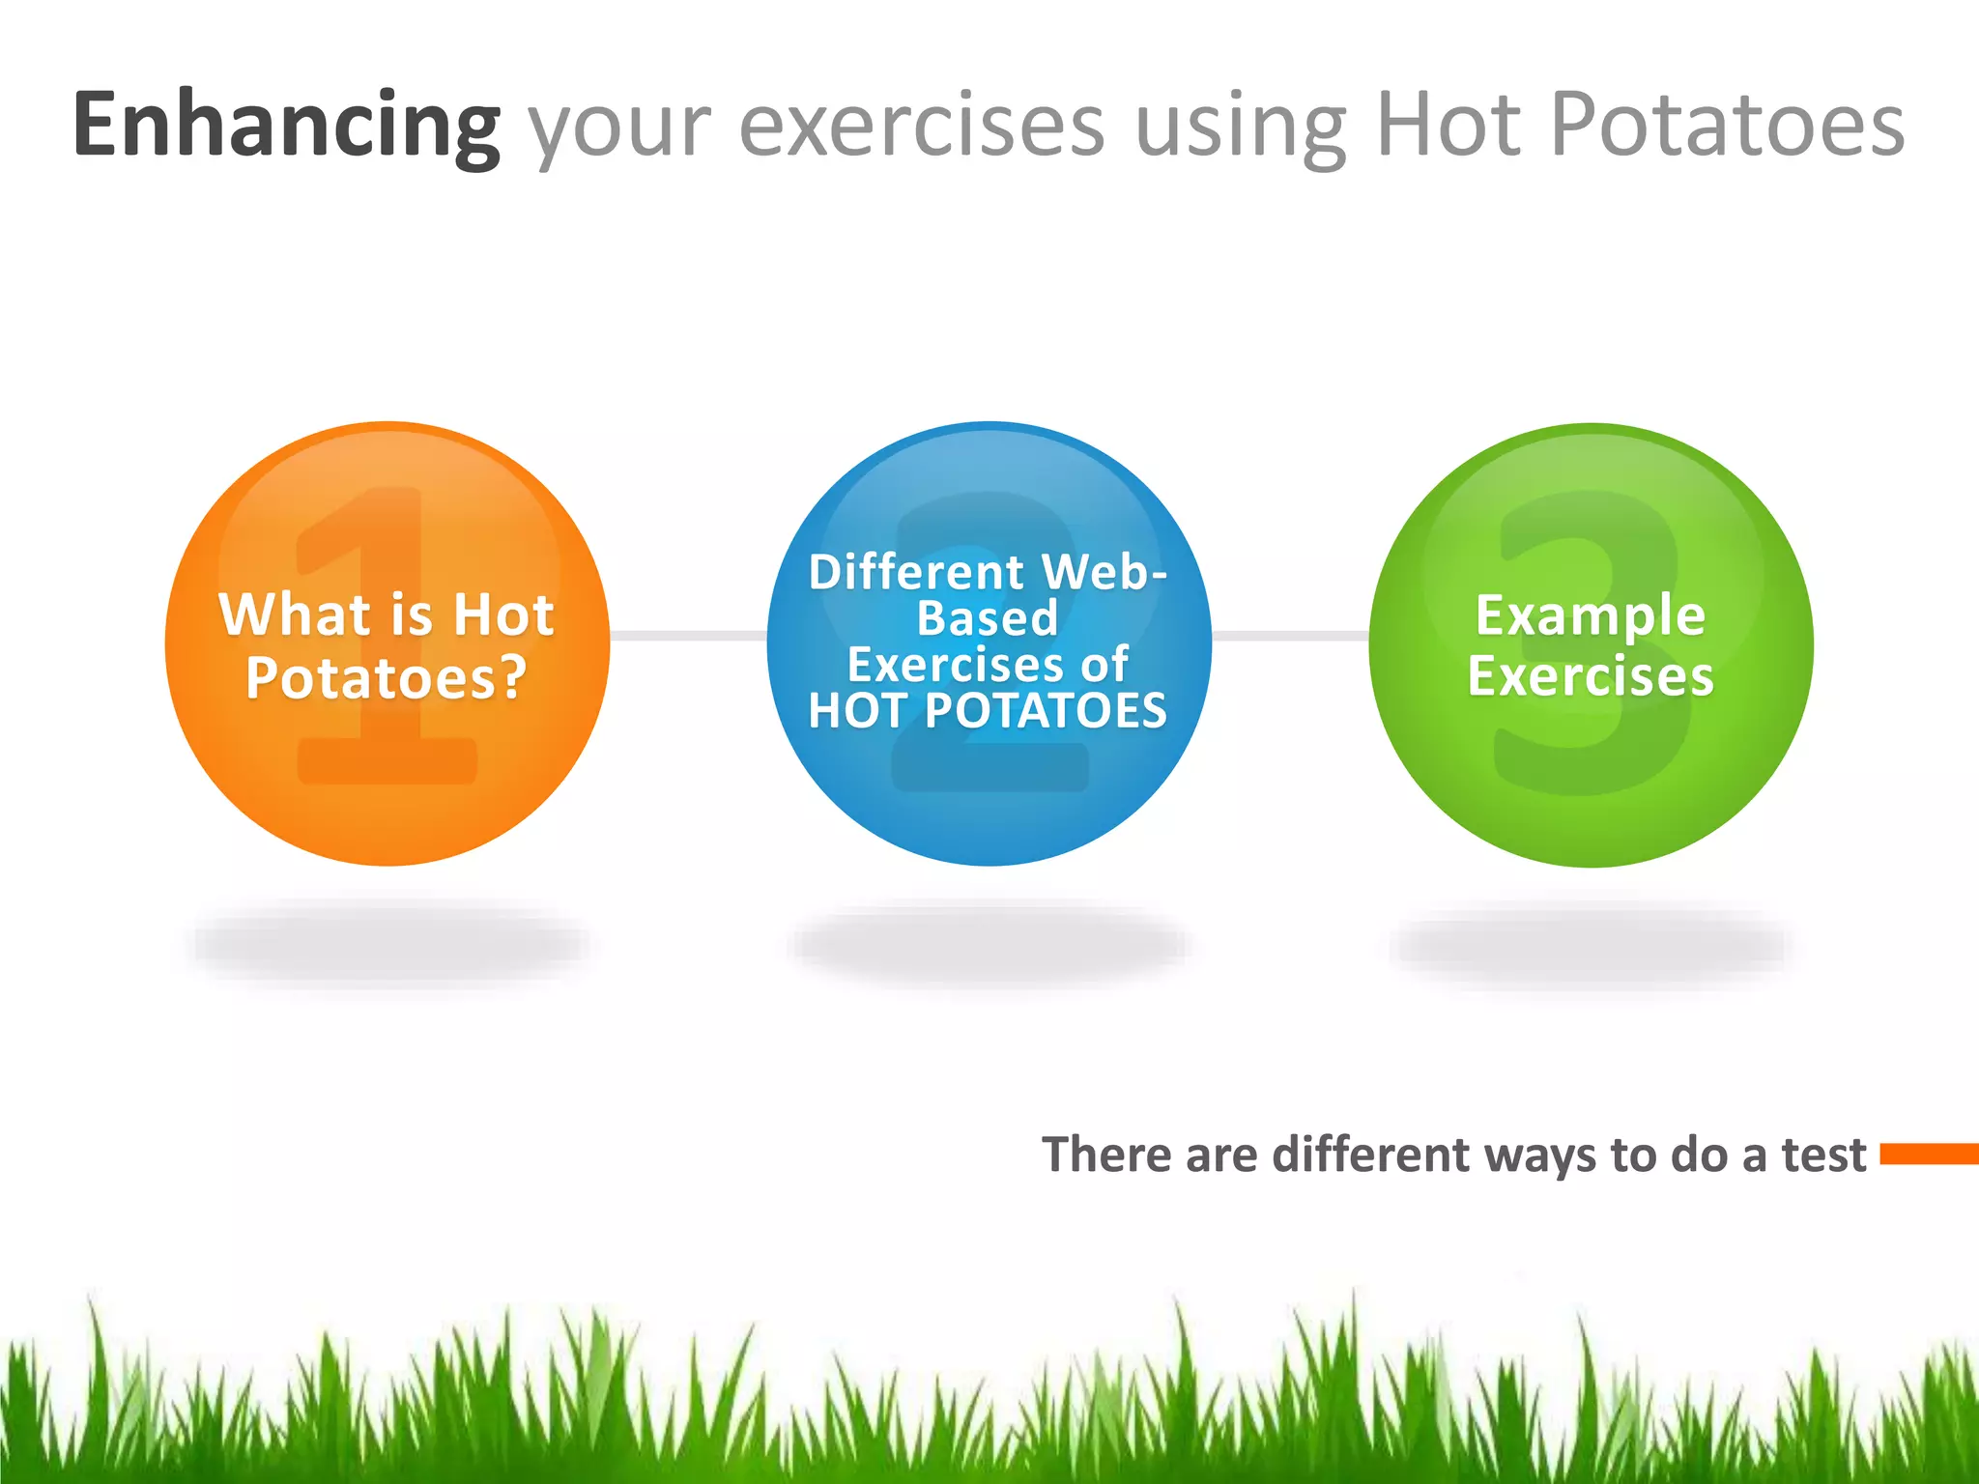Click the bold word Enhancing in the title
tap(286, 126)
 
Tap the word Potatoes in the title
tap(1727, 126)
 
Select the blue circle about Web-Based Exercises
tap(989, 792)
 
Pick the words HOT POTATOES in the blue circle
tap(989, 711)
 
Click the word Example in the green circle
tap(1591, 616)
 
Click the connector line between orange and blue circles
tap(688, 635)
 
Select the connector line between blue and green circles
tap(1290, 635)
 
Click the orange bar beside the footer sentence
tap(1929, 1154)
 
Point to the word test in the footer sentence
tap(1823, 1156)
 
